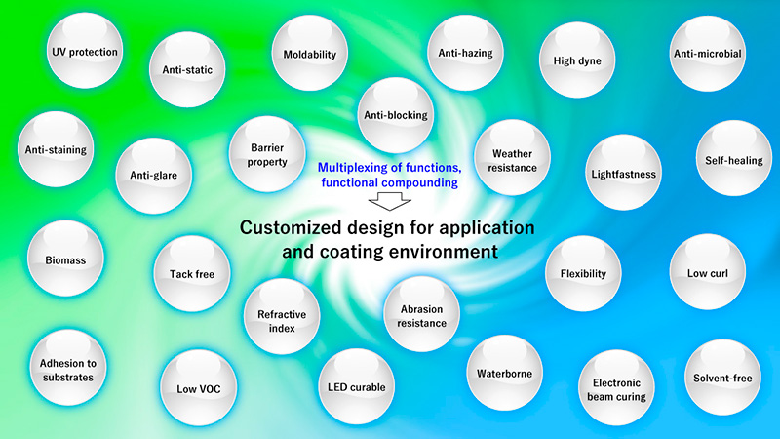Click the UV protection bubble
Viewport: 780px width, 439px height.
pos(86,52)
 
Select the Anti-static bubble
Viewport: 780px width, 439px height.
pos(188,69)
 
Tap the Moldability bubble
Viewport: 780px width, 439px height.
pos(309,54)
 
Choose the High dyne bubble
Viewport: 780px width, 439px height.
pos(577,61)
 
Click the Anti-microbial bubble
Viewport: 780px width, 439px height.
pos(708,54)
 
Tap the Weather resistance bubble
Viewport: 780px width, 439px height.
pos(512,161)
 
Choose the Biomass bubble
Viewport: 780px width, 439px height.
pos(65,260)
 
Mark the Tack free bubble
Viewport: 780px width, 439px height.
pos(191,274)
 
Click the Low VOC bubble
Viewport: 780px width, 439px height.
pos(199,388)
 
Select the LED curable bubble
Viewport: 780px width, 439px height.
pos(357,387)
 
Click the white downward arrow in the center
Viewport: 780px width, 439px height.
pos(394,200)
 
